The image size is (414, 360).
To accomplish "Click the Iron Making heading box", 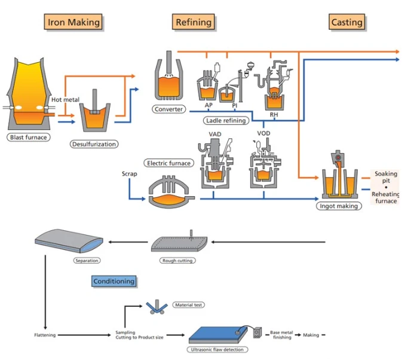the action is click(73, 22).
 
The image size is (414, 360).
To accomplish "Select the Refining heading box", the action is click(194, 22).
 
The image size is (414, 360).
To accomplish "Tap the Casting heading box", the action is click(346, 22).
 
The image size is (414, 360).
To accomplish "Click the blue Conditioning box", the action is click(114, 281).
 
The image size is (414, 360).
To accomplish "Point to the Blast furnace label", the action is click(29, 137).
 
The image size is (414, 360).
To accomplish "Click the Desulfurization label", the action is click(94, 144).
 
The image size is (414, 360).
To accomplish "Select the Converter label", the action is click(168, 109).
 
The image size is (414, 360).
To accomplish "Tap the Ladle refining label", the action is click(226, 121).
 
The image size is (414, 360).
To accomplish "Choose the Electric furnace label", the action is click(168, 163).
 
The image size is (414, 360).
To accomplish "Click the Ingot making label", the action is click(339, 206).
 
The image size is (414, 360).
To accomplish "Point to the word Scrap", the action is click(130, 173).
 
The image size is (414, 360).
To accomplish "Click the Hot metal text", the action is click(65, 100).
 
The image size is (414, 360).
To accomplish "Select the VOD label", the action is click(263, 133).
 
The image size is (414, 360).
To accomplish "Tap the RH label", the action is click(274, 115).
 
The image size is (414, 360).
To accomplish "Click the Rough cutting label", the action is click(177, 261).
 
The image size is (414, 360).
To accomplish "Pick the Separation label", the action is click(87, 261).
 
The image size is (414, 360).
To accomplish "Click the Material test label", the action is click(189, 305).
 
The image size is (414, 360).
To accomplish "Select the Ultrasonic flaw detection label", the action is click(217, 349).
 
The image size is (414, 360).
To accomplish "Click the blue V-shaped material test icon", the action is click(157, 308).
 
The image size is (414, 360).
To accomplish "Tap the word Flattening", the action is click(45, 335).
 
